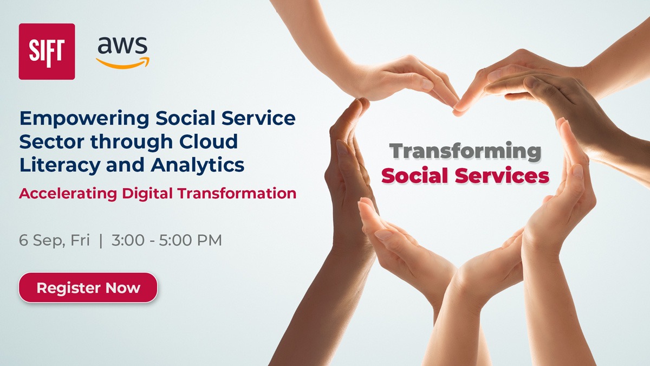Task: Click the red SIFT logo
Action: pos(47,52)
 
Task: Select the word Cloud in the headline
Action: pos(209,141)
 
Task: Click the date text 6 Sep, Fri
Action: pos(54,240)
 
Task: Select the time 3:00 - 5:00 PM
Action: pos(167,240)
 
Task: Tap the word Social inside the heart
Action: pos(416,176)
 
